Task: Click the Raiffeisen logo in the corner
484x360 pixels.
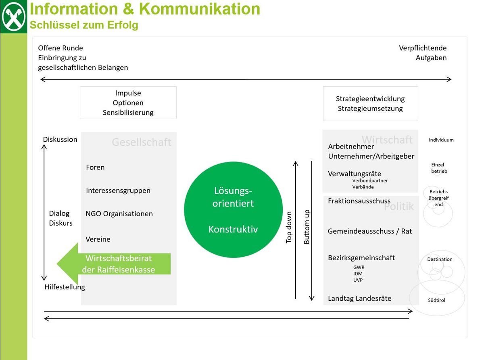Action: point(13,17)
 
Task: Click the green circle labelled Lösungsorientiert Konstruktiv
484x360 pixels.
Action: point(233,210)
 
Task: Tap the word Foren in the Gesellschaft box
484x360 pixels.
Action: point(95,167)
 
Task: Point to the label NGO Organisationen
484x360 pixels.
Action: point(119,213)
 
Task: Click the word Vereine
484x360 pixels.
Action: point(98,239)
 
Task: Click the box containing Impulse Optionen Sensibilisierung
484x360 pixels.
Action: point(128,103)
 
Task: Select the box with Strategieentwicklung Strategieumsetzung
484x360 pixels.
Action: point(370,104)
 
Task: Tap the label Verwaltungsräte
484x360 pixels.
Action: point(355,174)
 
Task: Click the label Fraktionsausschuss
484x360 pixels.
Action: point(359,201)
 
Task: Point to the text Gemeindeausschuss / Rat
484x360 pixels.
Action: point(370,231)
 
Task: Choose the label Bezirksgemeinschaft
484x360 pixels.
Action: point(361,257)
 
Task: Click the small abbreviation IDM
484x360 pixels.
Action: point(358,274)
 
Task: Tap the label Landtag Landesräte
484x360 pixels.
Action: point(359,299)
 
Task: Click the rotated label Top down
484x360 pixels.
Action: point(289,227)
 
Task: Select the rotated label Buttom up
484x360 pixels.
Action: point(307,227)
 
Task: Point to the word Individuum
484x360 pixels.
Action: point(441,140)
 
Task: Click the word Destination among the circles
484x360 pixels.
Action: point(440,259)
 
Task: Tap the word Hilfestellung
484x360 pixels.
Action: point(65,287)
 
